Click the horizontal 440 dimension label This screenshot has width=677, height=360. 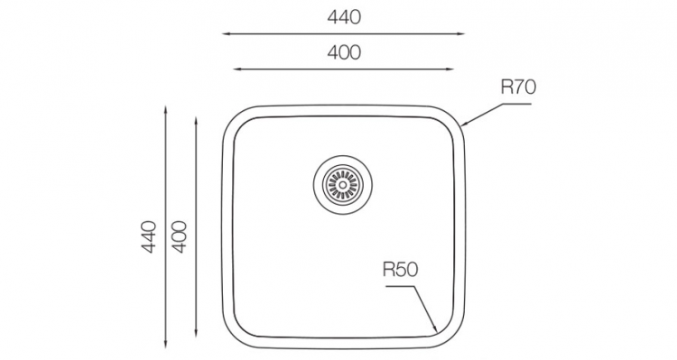point(344,17)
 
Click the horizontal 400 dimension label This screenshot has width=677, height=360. point(344,52)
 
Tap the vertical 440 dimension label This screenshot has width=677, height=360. point(149,236)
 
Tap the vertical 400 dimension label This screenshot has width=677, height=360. point(180,236)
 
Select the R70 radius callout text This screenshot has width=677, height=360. point(518,88)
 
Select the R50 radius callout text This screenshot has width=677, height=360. point(400,270)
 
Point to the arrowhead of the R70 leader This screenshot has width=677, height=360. point(463,125)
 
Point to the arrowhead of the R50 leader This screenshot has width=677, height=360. point(436,329)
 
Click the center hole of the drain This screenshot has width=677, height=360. point(343,185)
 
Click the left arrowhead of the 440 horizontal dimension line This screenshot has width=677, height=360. point(226,33)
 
